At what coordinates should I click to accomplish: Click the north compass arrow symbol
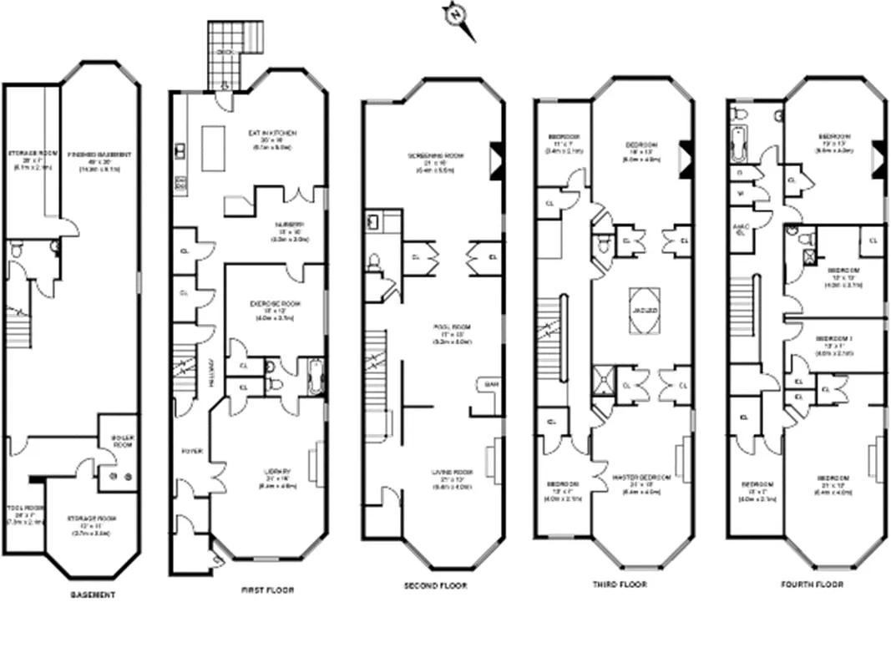pos(457,16)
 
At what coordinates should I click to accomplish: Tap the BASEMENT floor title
pos(92,595)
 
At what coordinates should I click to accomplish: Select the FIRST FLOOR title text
pos(267,590)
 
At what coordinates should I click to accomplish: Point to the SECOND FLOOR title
pos(435,586)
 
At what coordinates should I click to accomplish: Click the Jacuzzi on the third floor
pos(643,306)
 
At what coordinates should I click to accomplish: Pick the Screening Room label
pos(435,155)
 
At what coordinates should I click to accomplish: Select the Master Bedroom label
pos(642,478)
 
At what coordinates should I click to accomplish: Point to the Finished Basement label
pos(99,155)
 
